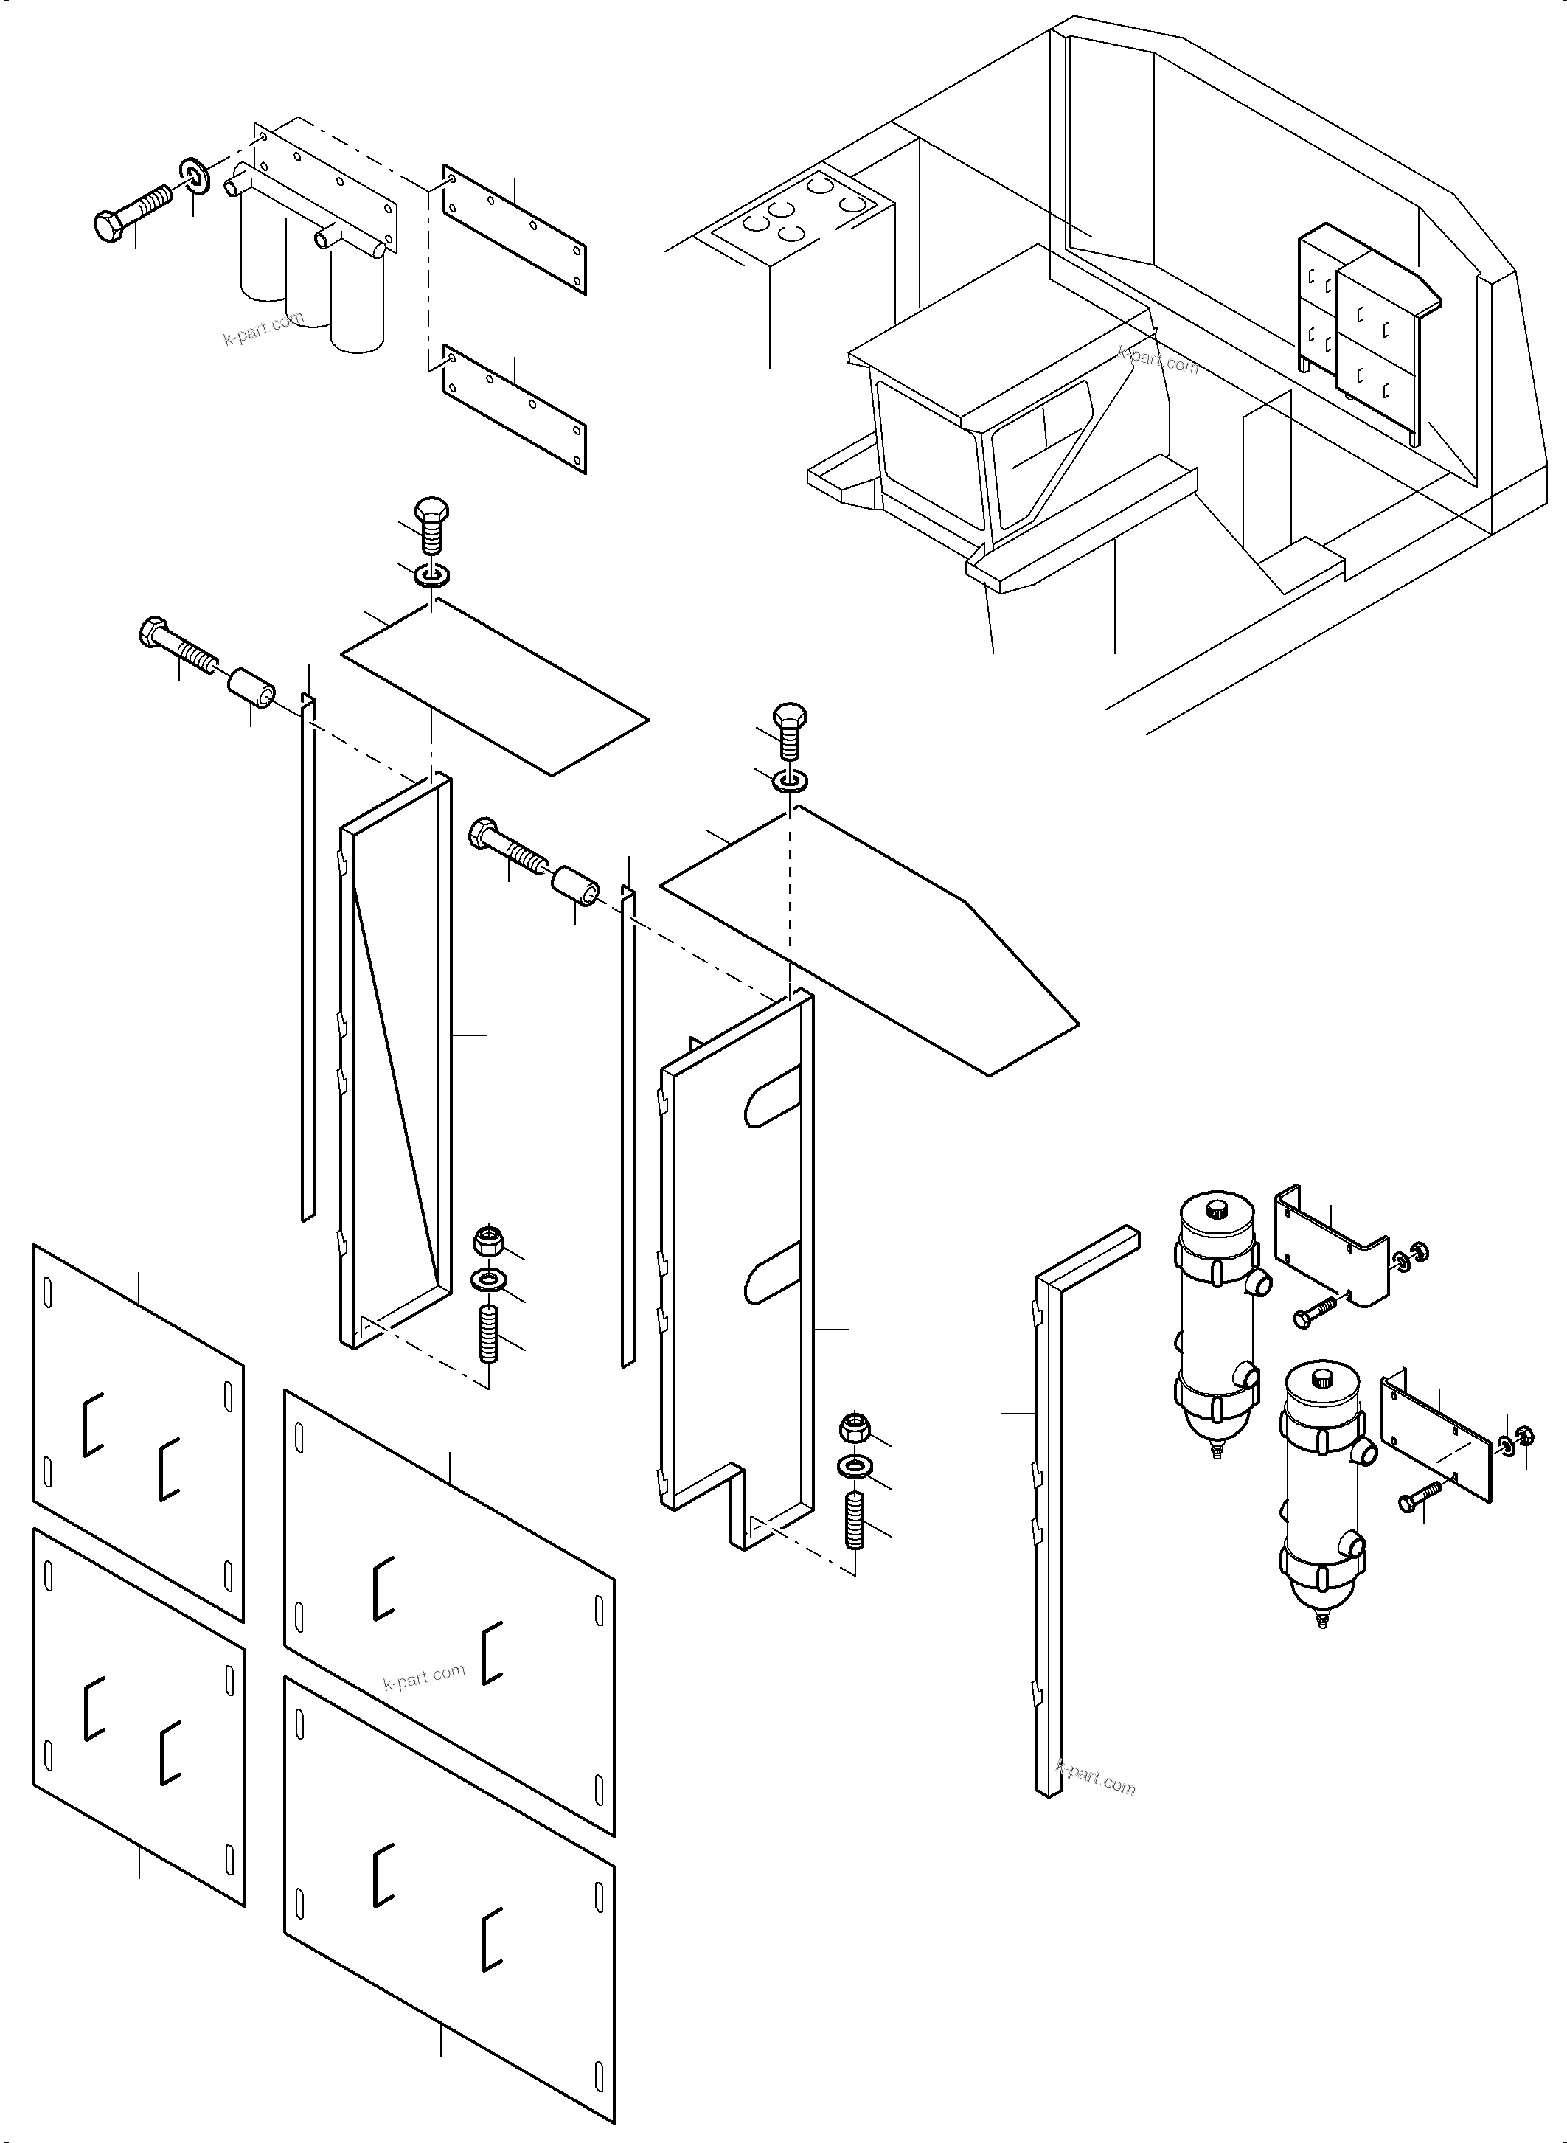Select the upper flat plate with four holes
click(x=514, y=231)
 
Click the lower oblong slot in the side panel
click(x=773, y=1273)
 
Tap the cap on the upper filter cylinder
click(x=1216, y=1209)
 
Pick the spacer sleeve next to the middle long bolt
click(x=576, y=884)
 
